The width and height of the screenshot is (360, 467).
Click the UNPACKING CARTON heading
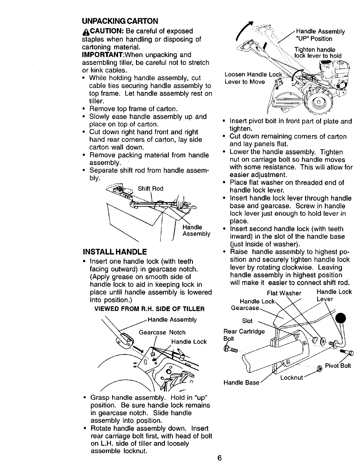tap(120, 21)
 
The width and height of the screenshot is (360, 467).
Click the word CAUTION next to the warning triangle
tap(104, 31)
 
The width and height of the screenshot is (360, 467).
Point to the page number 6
tap(219, 458)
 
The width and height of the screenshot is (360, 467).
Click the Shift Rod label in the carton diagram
tap(150, 189)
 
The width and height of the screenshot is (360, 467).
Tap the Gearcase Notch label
tap(162, 332)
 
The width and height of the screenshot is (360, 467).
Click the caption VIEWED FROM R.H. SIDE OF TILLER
tap(149, 309)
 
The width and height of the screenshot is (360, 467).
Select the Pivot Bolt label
tap(338, 366)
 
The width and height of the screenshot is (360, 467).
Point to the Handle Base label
tap(241, 383)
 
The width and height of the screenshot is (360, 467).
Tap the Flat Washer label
tap(284, 293)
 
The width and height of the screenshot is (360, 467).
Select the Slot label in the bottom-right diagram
tap(247, 321)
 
